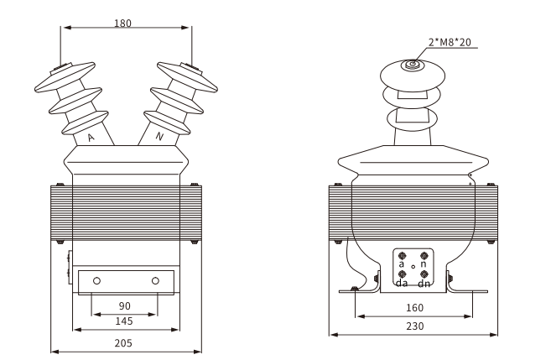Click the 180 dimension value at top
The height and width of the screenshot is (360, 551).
tap(122, 23)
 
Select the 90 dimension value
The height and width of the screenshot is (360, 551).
tap(125, 306)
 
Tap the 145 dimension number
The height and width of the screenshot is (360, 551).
tap(124, 321)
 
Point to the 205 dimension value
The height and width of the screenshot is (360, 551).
tap(123, 343)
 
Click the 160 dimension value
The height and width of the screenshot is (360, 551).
tap(414, 308)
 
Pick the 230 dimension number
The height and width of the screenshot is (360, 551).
tap(415, 326)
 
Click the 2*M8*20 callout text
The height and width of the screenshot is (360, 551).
tap(450, 43)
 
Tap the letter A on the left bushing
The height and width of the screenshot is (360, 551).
tap(91, 138)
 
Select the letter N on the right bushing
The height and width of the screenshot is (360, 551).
tap(159, 137)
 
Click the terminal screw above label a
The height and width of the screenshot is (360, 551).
tap(403, 255)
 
